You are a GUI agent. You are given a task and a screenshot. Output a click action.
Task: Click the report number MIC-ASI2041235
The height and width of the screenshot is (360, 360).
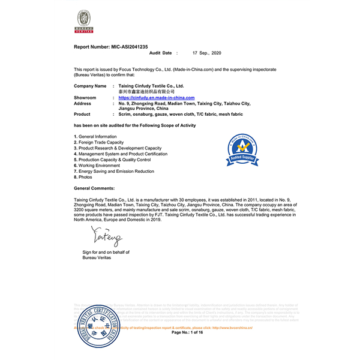click(x=110, y=47)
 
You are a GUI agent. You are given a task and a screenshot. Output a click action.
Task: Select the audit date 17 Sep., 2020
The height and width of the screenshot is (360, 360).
click(x=207, y=53)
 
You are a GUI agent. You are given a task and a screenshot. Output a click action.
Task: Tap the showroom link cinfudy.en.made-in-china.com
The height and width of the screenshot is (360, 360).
click(x=157, y=97)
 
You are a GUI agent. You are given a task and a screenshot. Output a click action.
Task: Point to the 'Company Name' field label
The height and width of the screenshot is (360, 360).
click(x=90, y=86)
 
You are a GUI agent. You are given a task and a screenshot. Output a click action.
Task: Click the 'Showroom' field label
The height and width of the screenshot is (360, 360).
click(x=85, y=97)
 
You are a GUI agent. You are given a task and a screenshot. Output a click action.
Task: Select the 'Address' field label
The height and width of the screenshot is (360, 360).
click(x=83, y=103)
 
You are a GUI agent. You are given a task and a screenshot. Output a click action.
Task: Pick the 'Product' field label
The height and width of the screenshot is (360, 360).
click(x=82, y=113)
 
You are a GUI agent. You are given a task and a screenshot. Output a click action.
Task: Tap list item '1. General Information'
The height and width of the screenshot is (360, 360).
click(x=95, y=137)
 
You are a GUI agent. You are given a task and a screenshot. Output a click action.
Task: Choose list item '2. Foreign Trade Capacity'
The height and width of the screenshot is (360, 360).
click(x=101, y=142)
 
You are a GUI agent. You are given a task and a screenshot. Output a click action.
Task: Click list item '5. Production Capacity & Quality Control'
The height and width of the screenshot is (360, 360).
click(x=112, y=160)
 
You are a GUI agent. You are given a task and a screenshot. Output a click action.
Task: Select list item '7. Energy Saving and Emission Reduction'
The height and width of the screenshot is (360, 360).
click(x=114, y=172)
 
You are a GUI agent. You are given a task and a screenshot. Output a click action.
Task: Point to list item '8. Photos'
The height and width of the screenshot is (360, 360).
click(x=84, y=178)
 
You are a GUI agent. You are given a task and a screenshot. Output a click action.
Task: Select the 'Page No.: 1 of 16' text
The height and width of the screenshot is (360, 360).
click(x=188, y=332)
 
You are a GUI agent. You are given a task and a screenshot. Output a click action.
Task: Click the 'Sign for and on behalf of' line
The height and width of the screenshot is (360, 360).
click(x=106, y=253)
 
